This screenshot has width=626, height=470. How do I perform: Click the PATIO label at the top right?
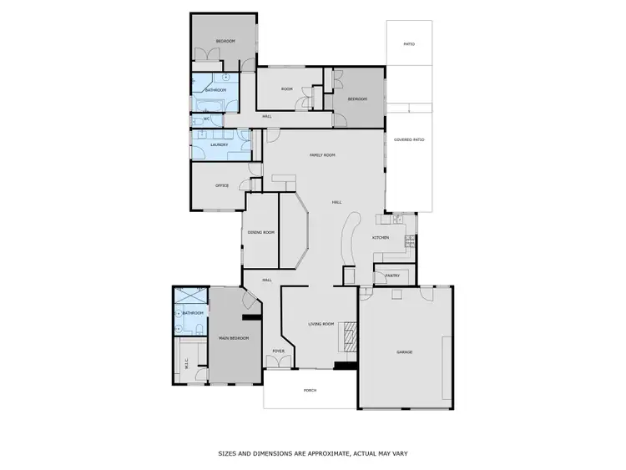[409, 43]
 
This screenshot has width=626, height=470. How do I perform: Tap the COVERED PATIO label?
[409, 139]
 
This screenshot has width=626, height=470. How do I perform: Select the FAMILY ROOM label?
[322, 154]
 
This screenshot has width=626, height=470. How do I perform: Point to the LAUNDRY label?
[219, 144]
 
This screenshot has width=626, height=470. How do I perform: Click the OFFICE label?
[222, 185]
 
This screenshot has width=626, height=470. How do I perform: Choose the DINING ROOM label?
[260, 232]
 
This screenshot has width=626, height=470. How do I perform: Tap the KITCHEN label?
[381, 238]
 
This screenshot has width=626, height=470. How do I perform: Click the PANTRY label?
[392, 275]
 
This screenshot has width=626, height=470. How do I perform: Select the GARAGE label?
[404, 351]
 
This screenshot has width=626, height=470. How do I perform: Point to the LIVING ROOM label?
[321, 324]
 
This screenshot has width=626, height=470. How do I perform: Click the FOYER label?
[279, 351]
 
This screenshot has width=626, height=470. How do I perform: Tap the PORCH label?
[310, 389]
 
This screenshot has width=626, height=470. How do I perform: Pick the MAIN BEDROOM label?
[234, 338]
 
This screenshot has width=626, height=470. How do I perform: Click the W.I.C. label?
[185, 363]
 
